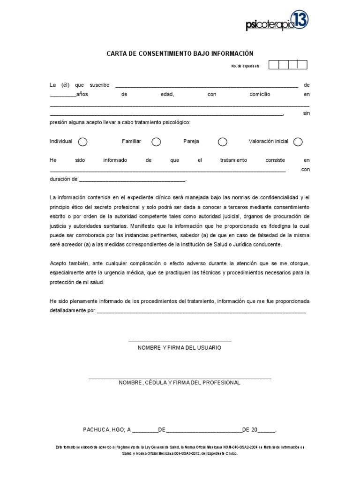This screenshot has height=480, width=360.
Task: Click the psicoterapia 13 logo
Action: click(x=277, y=21)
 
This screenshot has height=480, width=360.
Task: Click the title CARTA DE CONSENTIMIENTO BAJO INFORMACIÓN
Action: click(x=180, y=53)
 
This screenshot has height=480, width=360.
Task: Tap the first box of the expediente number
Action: click(x=274, y=65)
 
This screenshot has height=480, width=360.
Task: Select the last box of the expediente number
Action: click(x=302, y=65)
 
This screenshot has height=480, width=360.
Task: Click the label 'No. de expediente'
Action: click(x=245, y=66)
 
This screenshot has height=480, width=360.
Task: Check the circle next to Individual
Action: click(x=82, y=142)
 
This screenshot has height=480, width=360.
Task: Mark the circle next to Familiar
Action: click(x=156, y=142)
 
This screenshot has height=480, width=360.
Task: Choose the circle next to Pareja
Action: click(x=223, y=142)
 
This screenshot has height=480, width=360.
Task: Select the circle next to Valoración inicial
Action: click(x=298, y=142)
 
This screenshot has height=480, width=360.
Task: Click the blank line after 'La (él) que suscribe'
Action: click(x=206, y=86)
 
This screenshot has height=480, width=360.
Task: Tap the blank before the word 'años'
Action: click(x=63, y=95)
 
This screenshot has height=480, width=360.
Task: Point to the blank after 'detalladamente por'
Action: click(x=202, y=310)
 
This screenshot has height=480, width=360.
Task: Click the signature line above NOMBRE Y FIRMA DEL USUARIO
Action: click(x=180, y=340)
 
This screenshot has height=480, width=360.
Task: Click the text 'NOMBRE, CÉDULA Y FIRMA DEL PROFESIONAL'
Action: click(x=180, y=382)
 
